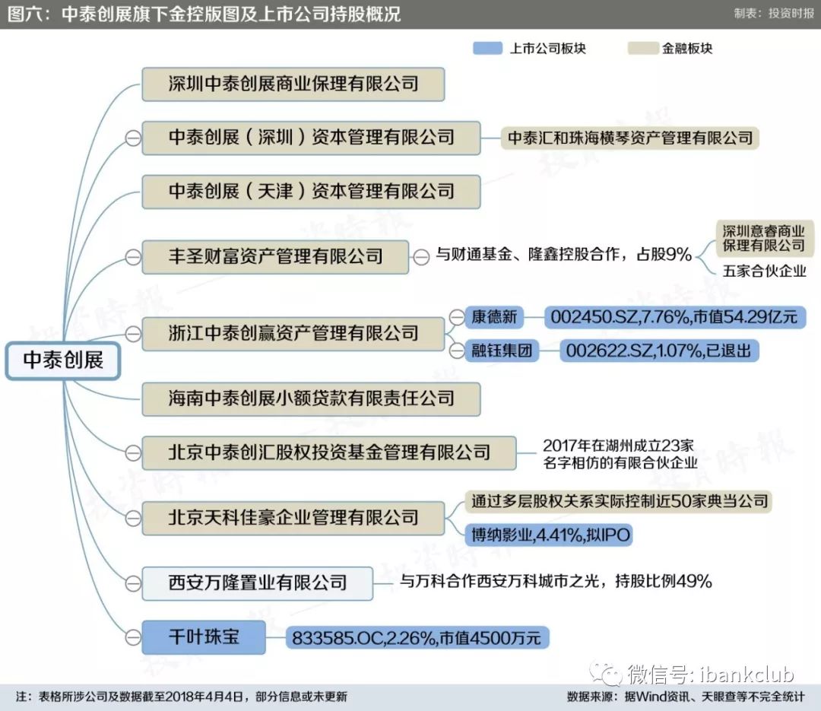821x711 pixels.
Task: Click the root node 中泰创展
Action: click(63, 360)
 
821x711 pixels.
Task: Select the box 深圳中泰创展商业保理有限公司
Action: click(293, 84)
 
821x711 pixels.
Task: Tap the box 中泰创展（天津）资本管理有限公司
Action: click(311, 192)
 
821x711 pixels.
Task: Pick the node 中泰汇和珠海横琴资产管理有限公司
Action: click(630, 138)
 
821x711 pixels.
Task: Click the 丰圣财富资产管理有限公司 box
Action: click(275, 257)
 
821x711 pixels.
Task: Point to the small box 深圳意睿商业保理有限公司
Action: click(763, 239)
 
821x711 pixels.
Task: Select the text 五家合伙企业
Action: click(764, 271)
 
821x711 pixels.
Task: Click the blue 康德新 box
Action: click(494, 317)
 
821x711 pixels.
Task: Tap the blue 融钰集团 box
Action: click(501, 350)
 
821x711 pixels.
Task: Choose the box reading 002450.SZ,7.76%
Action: click(675, 317)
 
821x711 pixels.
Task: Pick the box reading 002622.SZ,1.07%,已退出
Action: click(658, 350)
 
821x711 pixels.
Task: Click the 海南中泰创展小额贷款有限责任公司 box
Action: click(311, 399)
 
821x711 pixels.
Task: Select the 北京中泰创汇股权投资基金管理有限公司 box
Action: click(329, 452)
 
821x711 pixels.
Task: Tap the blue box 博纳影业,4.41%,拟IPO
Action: click(549, 535)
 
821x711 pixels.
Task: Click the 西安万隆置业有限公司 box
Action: click(257, 583)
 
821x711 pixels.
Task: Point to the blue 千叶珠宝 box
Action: click(204, 637)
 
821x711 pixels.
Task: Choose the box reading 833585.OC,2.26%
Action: click(417, 638)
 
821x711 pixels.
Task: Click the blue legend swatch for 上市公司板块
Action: click(487, 48)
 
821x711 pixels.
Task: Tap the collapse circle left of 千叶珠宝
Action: click(133, 638)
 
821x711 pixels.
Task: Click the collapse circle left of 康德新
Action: click(457, 317)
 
